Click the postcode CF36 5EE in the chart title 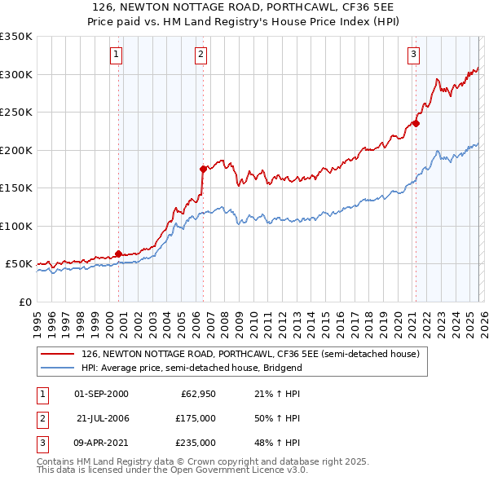coord(355,7)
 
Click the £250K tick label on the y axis coord(16,112)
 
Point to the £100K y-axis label coord(16,226)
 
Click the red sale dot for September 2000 coord(118,254)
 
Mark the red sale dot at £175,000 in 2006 coord(203,169)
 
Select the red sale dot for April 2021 coord(416,123)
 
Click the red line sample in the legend coord(58,355)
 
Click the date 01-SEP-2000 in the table coord(101,394)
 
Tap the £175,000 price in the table coord(195,418)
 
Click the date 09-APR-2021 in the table coord(101,443)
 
